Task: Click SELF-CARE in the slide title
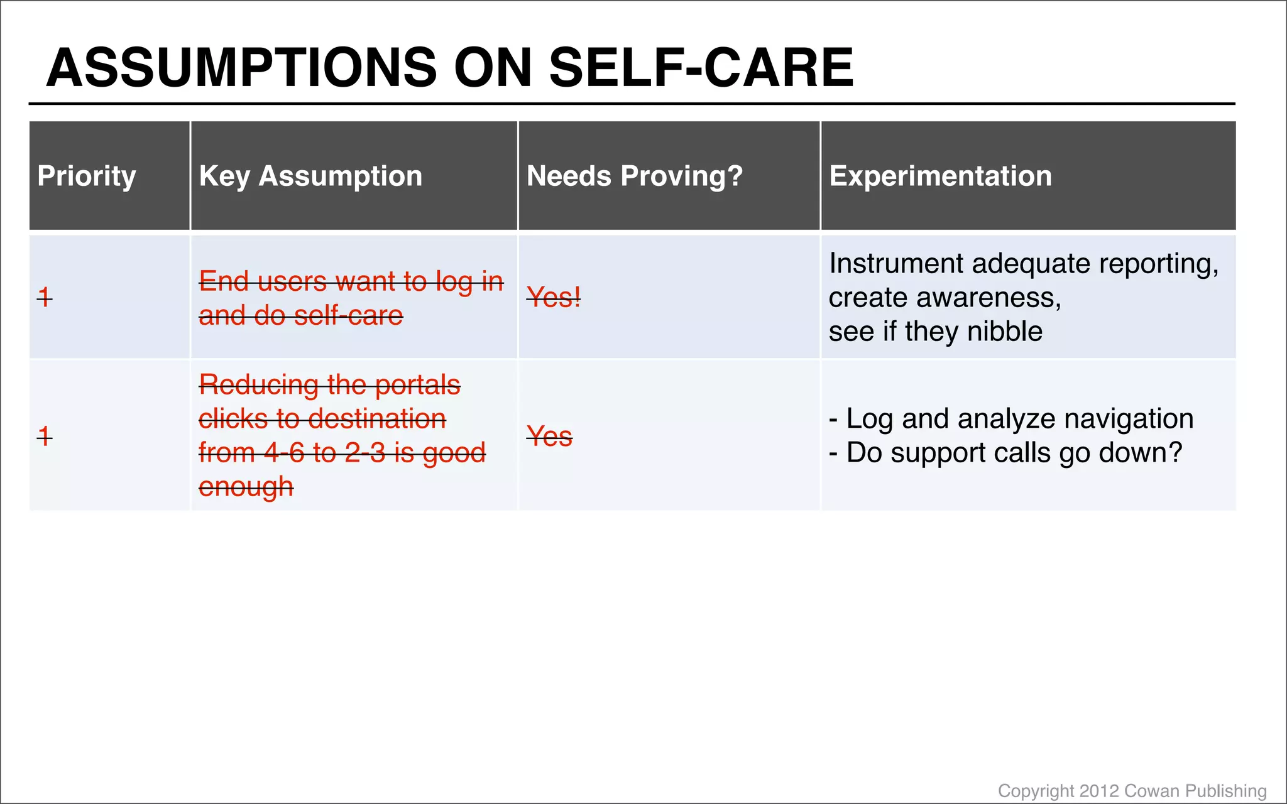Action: coord(701,68)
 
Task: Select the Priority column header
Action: coord(87,176)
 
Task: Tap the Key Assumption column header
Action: coord(310,176)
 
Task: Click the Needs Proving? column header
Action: coord(635,176)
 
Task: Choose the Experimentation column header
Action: coord(940,176)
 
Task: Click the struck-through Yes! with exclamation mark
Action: coord(554,297)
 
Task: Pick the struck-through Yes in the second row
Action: coord(549,436)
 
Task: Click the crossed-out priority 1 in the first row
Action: coord(45,296)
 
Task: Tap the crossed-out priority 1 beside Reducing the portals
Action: coord(45,435)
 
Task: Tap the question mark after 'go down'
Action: coord(1175,452)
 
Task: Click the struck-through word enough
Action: coord(246,487)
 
